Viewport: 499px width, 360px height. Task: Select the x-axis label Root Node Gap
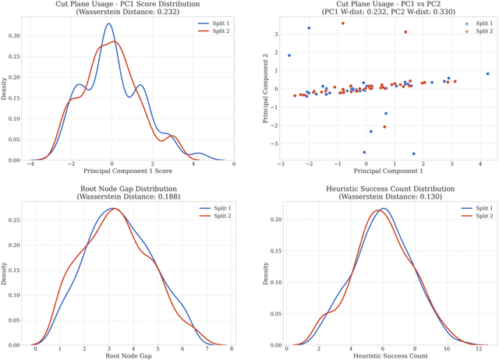tap(129, 356)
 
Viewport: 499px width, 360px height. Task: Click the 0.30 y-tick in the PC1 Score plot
tap(17, 35)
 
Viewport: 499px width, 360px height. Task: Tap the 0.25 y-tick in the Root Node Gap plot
tap(17, 221)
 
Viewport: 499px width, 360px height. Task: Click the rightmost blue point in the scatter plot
tap(487, 74)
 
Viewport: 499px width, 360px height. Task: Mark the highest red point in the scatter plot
tap(342, 23)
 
